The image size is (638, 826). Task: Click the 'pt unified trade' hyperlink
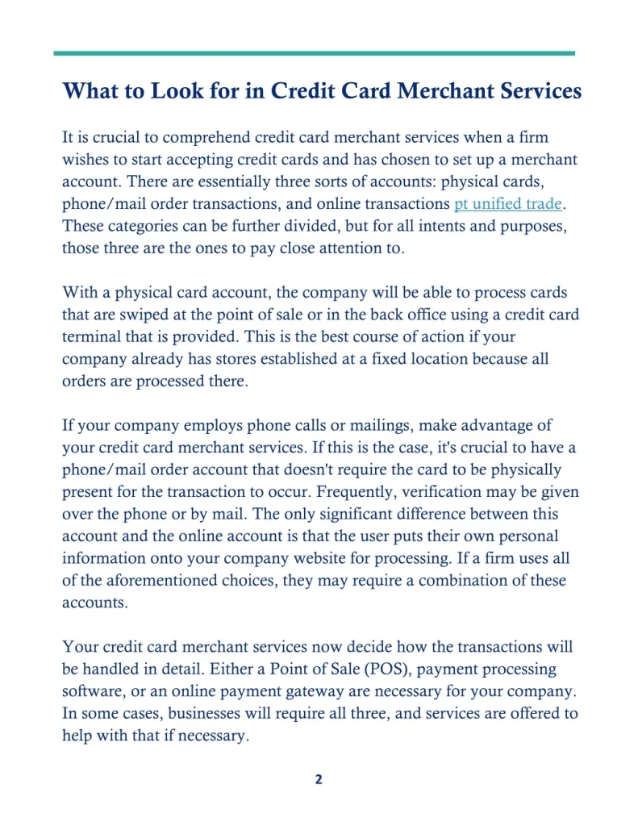(507, 204)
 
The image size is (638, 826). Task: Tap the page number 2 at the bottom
(319, 779)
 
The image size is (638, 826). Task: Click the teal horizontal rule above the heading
(315, 53)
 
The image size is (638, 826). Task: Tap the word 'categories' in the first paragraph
(135, 227)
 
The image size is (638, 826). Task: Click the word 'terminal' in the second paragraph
(94, 336)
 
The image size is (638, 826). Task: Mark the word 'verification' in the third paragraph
(495, 491)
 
